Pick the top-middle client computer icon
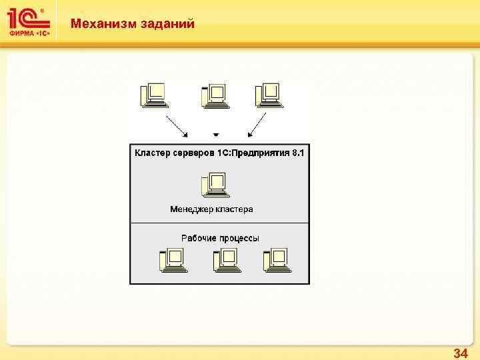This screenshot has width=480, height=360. click(215, 96)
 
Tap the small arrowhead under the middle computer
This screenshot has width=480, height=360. click(215, 132)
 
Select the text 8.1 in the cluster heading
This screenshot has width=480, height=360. click(297, 153)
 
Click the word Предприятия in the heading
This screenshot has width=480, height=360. click(260, 153)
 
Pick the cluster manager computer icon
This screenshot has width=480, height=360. click(214, 185)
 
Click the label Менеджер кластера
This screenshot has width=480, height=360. click(211, 209)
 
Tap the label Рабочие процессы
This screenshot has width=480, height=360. click(220, 238)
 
